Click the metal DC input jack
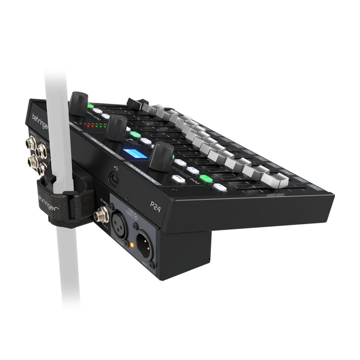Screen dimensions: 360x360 [99, 215]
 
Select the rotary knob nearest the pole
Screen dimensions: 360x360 [79, 103]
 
